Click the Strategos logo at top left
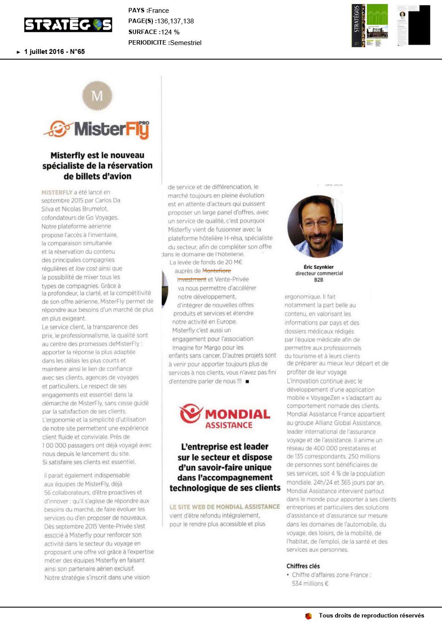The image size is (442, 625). [68, 25]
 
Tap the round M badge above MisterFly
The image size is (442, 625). [97, 95]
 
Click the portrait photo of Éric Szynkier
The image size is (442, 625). [315, 227]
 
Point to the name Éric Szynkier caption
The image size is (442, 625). [319, 267]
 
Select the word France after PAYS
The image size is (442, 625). [159, 11]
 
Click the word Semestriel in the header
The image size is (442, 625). [186, 43]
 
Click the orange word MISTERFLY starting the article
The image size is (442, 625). [57, 193]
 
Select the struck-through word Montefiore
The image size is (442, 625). [217, 271]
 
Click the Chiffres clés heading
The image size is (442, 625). [303, 566]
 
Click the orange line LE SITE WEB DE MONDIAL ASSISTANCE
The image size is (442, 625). [225, 507]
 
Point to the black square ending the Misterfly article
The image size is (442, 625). [247, 381]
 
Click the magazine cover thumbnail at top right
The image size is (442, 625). [370, 25]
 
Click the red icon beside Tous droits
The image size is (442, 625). [309, 616]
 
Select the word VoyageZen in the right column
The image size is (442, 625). [325, 398]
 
